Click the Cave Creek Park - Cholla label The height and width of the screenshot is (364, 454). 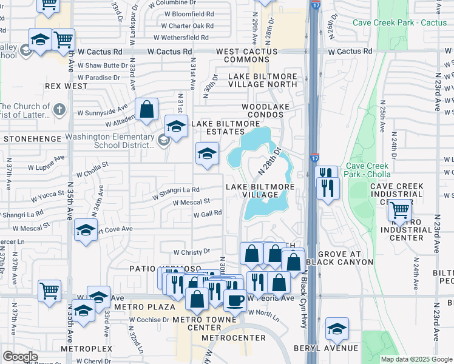[x=367, y=170]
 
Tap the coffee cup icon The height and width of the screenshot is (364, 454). [x=235, y=299]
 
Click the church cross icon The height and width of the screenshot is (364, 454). [x=58, y=109]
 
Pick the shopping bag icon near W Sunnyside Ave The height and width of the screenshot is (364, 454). [x=146, y=110]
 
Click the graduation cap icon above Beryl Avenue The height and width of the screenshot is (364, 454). [x=337, y=329]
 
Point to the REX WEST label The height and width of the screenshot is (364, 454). [x=67, y=86]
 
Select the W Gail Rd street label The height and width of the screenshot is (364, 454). [x=208, y=214]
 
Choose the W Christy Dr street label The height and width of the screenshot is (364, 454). [x=191, y=251]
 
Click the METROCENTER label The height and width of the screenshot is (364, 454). [x=234, y=337]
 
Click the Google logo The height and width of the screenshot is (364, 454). [x=20, y=357]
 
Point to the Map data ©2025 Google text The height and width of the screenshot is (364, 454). [x=416, y=359]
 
